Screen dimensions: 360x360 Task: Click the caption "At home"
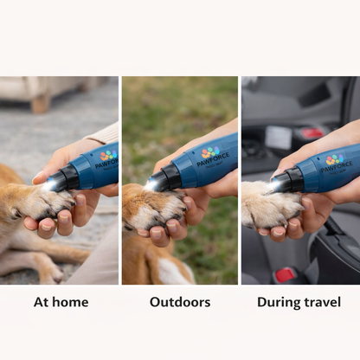coord(61,302)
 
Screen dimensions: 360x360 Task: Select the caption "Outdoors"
coord(180,302)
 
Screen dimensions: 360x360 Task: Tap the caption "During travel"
coord(299,302)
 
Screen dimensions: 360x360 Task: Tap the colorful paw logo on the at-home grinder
coord(106,156)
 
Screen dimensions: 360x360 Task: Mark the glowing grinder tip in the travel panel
coord(275,184)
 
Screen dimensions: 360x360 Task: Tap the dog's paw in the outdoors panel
coord(154,208)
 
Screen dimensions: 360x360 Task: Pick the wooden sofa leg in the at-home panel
coord(39,104)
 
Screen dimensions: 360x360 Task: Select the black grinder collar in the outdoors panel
coord(170,176)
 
